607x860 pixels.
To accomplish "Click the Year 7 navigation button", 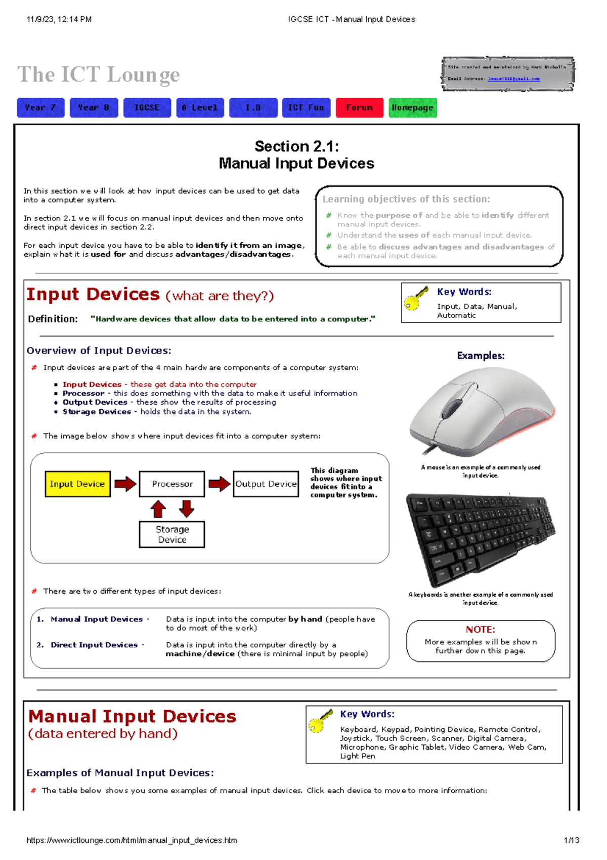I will [40, 107].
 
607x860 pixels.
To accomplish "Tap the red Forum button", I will [359, 107].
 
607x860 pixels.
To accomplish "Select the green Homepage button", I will [412, 107].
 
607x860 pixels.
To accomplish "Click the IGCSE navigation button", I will [147, 107].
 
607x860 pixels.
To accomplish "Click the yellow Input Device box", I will [77, 484].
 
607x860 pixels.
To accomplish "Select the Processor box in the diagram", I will [172, 484].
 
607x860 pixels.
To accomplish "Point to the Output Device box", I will [266, 484].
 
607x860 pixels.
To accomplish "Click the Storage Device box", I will [172, 534].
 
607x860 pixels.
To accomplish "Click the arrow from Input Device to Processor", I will [125, 484].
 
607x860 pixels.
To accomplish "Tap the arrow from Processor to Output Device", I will [219, 484].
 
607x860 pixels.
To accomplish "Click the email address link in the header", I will [513, 79].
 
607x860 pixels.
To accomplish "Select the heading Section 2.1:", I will [296, 146].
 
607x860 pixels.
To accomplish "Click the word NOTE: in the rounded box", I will [480, 630].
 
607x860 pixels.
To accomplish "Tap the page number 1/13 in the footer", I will [571, 840].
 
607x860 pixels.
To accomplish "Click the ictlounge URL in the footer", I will [132, 840].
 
